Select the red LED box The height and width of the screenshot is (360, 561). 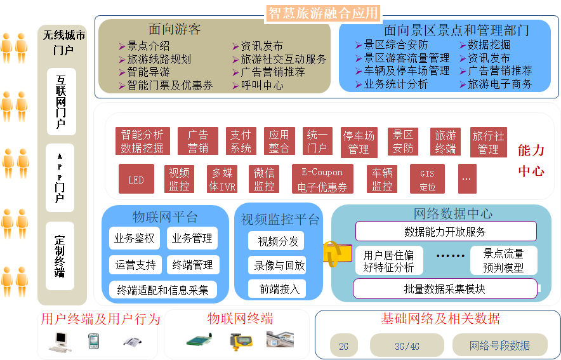coord(136,180)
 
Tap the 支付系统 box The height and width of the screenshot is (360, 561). coord(241,142)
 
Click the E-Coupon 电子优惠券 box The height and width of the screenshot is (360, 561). coord(322,180)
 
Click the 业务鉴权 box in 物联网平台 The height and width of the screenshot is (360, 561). coord(134,239)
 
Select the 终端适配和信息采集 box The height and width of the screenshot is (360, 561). coord(162,290)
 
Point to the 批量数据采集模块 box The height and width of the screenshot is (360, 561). coord(445,289)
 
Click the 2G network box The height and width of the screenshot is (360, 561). coord(343,346)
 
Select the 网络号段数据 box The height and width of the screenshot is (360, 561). coord(499,345)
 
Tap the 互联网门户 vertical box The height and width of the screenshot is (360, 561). coord(61,102)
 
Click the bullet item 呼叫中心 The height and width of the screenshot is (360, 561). coord(261,85)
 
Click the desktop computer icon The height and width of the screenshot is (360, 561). coord(60,341)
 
